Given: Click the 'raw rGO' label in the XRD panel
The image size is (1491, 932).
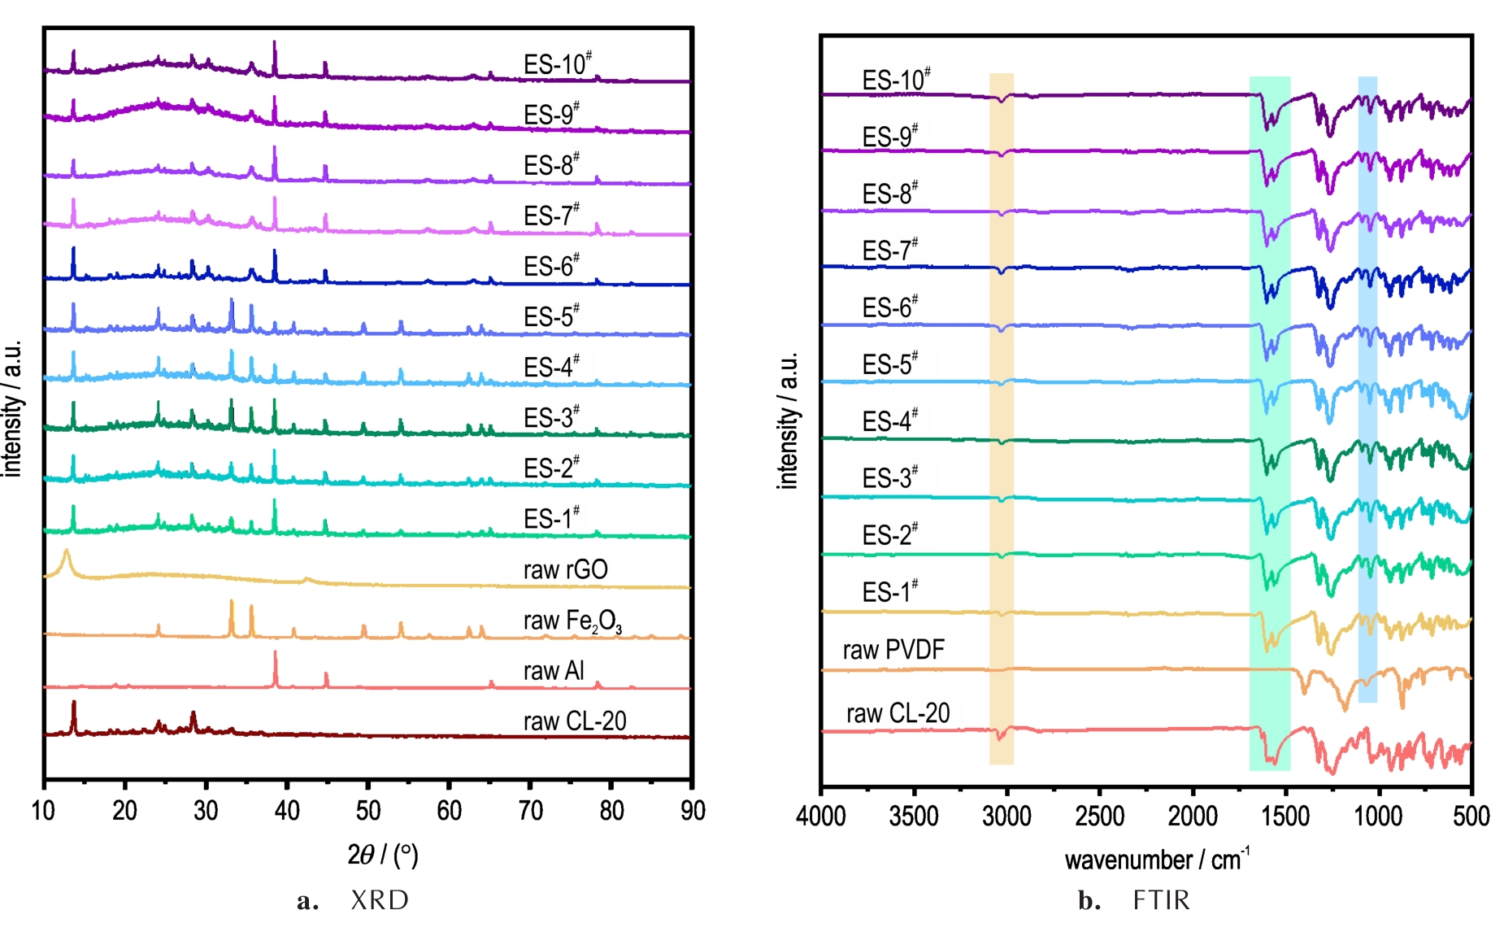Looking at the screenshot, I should tap(565, 569).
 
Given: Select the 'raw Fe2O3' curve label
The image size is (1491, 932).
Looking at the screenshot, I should tap(572, 621).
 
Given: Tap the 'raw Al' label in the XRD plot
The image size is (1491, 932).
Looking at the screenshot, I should tap(554, 671).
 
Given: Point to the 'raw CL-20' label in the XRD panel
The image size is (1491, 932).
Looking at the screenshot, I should tap(574, 721).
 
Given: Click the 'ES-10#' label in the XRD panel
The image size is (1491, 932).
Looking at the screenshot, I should tap(557, 64).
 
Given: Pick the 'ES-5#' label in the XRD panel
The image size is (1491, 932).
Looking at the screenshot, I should tap(551, 316).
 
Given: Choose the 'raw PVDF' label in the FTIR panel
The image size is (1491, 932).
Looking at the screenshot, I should tap(893, 650).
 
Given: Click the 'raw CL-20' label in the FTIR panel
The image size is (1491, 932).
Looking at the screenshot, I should tap(898, 713).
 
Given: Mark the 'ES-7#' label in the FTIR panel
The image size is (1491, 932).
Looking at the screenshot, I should tap(890, 250).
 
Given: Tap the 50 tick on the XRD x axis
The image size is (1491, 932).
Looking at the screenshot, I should tap(368, 811).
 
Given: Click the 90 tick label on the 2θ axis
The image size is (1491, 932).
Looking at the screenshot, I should tap(693, 811).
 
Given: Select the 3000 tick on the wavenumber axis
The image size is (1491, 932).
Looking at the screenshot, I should tap(1006, 816).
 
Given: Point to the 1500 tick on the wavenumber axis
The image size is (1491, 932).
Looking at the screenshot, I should tap(1285, 816).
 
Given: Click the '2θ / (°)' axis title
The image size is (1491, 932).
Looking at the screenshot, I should tap(382, 855).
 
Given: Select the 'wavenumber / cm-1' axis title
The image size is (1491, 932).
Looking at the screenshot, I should tap(1157, 859).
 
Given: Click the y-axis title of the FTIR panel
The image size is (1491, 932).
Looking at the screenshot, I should tap(788, 420).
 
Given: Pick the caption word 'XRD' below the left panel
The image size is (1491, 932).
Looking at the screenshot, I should tap(380, 900).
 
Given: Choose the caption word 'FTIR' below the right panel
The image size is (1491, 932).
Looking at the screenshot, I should tap(1161, 900).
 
